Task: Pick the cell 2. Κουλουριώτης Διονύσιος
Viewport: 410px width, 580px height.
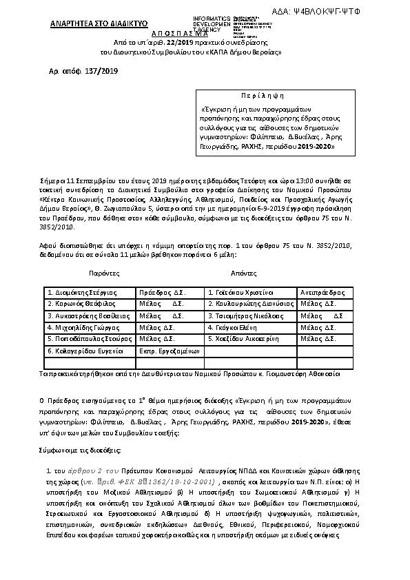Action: pos(251,304)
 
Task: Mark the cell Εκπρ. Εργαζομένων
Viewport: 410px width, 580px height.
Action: pos(169,351)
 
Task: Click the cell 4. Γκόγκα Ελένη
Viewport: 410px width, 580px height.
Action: pos(237,327)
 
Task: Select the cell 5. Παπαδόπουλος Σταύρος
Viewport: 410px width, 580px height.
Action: pos(88,339)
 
